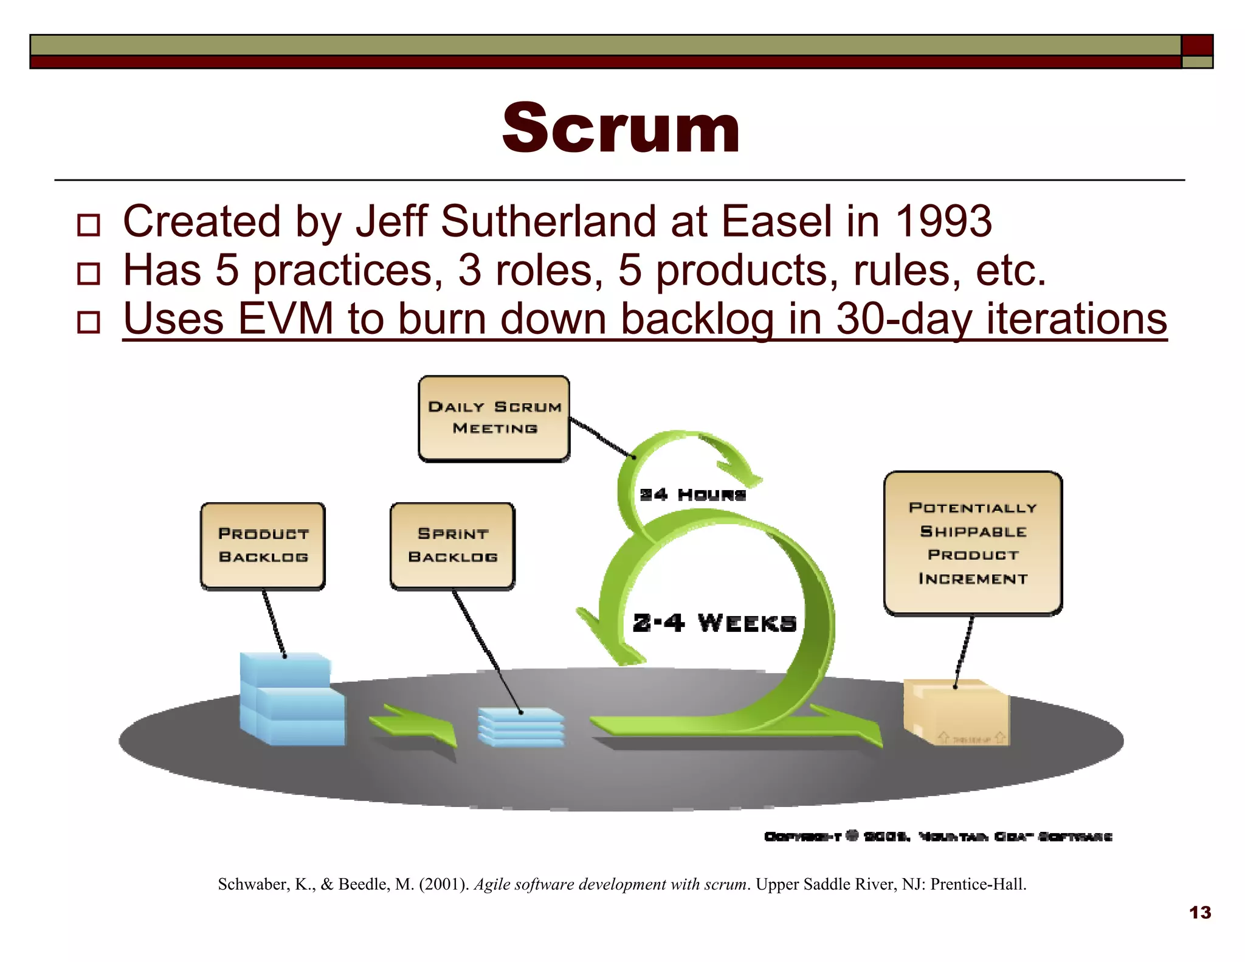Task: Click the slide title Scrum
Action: [x=621, y=128]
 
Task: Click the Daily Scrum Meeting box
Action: [x=494, y=418]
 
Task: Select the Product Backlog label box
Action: [x=263, y=545]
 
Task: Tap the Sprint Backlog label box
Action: [x=453, y=545]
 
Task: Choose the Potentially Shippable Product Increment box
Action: [x=973, y=543]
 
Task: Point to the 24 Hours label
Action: [x=692, y=495]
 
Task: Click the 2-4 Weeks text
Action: [x=714, y=623]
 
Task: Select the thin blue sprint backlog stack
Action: [x=521, y=726]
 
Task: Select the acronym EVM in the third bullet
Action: [x=285, y=319]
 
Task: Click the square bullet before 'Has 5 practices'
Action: [x=89, y=274]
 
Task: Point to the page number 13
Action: [x=1200, y=913]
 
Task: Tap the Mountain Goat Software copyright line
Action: [x=938, y=837]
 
